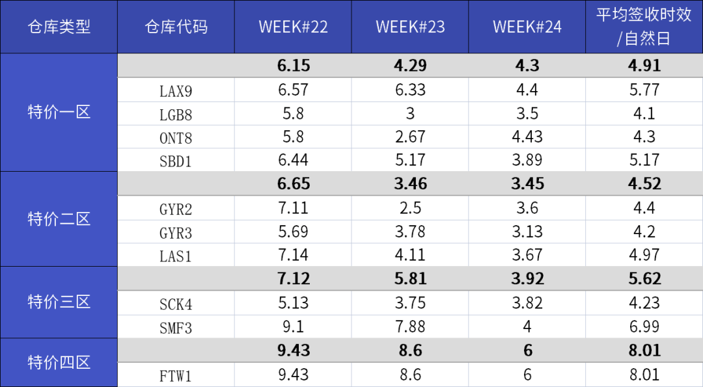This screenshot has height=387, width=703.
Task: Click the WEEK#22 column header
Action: click(293, 27)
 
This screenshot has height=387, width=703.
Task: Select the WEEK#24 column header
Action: click(527, 27)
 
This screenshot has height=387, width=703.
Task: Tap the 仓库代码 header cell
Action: click(176, 27)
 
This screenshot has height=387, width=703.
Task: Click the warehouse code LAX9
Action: click(176, 91)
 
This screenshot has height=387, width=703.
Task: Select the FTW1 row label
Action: click(176, 376)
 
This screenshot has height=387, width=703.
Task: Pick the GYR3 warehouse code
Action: click(176, 233)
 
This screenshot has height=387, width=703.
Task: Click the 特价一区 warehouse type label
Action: click(59, 112)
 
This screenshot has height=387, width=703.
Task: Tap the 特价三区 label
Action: click(59, 302)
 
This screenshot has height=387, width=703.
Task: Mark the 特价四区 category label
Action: click(59, 362)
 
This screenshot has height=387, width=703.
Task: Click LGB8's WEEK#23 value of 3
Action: click(410, 113)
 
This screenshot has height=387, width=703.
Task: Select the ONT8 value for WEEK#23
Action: click(410, 137)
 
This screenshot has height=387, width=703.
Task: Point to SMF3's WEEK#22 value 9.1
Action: click(293, 327)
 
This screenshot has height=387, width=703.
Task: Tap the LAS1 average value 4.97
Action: click(644, 255)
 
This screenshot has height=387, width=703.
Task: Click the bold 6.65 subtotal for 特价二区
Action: click(293, 184)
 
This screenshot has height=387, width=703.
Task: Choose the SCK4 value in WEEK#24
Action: click(527, 303)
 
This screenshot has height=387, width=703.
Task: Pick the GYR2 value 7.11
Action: click(293, 208)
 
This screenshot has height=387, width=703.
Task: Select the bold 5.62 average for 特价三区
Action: click(644, 279)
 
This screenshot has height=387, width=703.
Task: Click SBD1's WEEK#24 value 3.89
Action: click(527, 160)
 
